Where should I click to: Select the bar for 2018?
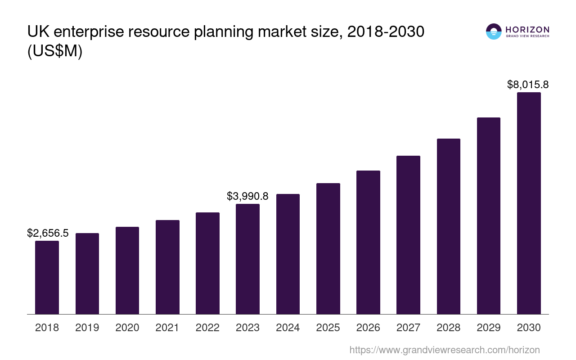point(47,277)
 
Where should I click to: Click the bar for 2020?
point(127,270)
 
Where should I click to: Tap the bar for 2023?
point(247,259)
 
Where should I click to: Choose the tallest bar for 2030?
point(529,203)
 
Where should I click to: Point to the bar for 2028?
point(448,226)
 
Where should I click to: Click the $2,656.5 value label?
point(48,233)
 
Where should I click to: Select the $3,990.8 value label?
point(247,196)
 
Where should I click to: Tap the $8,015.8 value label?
point(528,85)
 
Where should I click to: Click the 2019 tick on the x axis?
point(87,328)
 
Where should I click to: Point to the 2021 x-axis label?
point(167,328)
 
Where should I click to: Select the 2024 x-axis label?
point(288,328)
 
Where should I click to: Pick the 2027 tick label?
point(408,328)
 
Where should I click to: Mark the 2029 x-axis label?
point(489,328)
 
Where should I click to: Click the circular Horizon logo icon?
point(494,31)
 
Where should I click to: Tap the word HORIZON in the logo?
point(527,29)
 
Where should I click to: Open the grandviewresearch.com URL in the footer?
point(444,350)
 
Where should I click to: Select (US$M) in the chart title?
point(55,51)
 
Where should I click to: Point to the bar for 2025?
point(328,248)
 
